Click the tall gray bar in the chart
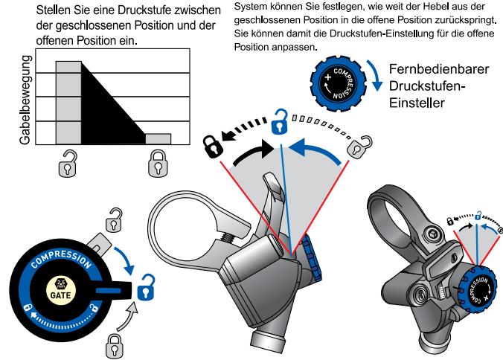point(68,102)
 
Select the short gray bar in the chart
point(158,139)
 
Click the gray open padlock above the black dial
point(115,220)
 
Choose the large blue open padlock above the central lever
point(281,119)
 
